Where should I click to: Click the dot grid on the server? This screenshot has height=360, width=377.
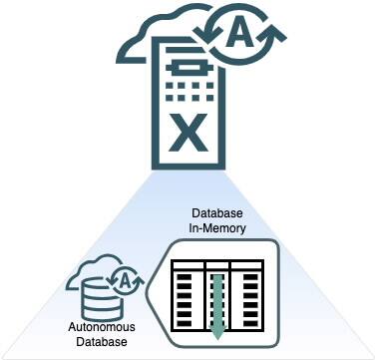(182, 93)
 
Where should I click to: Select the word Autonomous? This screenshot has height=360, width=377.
(102, 327)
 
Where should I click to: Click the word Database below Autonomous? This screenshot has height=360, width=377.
(102, 342)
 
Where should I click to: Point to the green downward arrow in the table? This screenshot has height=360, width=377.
(217, 299)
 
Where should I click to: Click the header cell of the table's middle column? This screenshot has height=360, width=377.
(217, 265)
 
